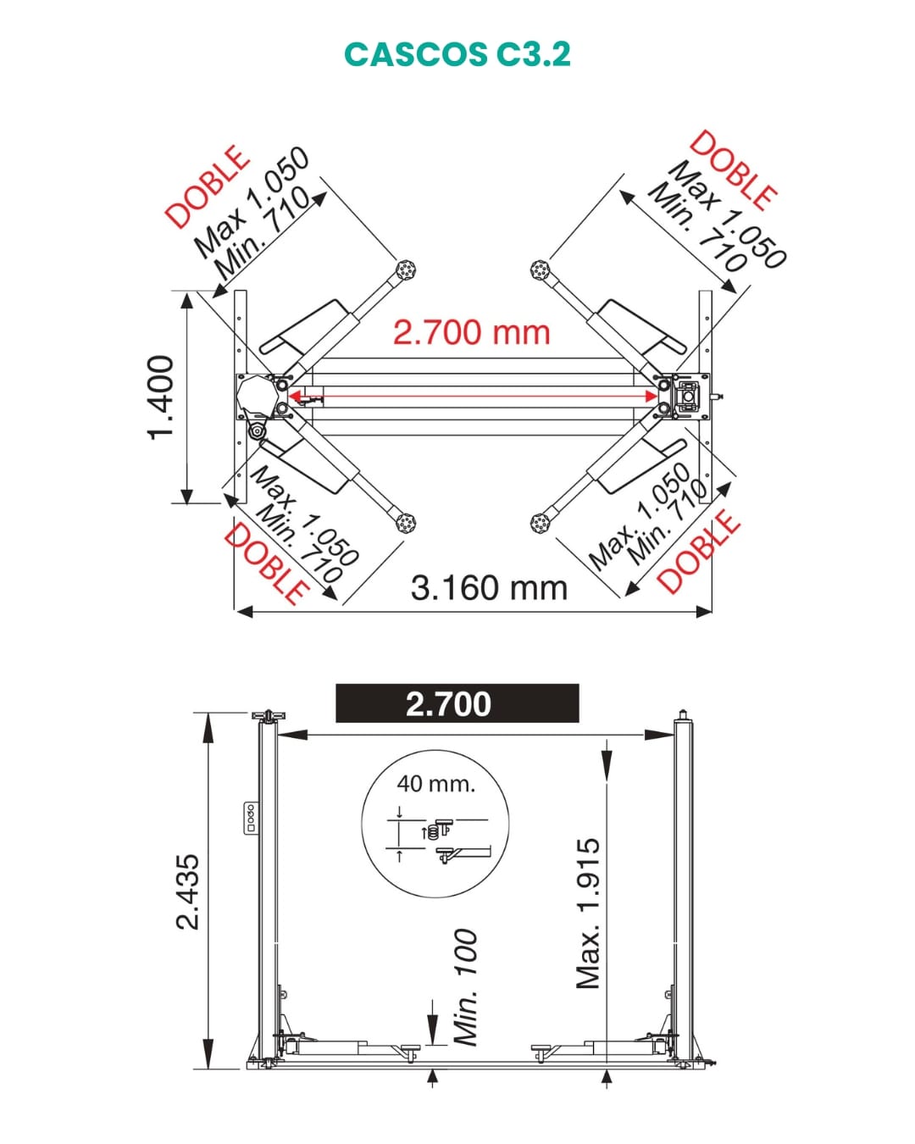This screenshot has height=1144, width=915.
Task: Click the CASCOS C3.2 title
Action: [x=457, y=54]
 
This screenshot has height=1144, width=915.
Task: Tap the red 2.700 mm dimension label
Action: [x=472, y=333]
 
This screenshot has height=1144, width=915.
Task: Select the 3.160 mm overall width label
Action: [x=489, y=588]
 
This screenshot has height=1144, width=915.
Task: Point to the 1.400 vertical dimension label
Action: [x=160, y=397]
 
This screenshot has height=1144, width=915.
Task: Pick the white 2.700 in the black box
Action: [x=448, y=704]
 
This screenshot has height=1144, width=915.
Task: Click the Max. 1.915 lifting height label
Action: [x=589, y=914]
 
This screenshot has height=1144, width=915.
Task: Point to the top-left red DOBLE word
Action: [x=207, y=186]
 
